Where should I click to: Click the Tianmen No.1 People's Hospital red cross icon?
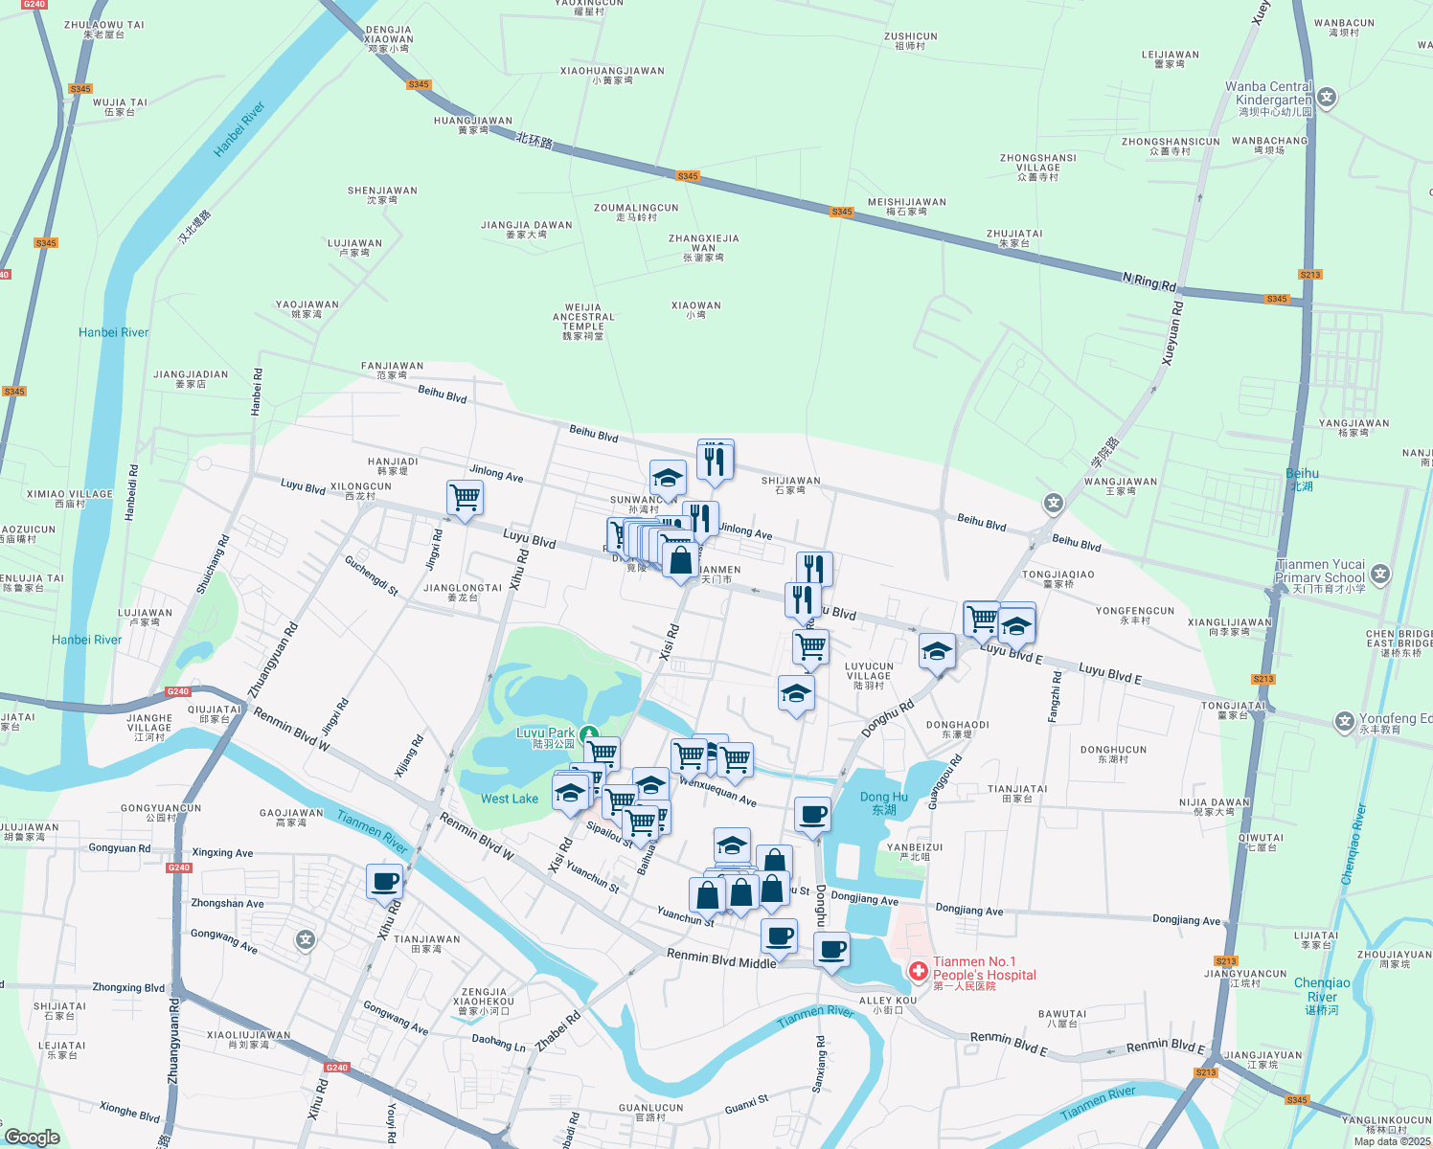pyautogui.click(x=918, y=972)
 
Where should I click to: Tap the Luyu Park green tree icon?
pyautogui.click(x=589, y=733)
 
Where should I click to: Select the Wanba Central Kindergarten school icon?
pyautogui.click(x=1327, y=97)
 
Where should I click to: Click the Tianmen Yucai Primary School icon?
pyautogui.click(x=1380, y=574)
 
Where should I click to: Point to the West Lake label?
pyautogui.click(x=510, y=799)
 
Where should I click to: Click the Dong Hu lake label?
pyautogui.click(x=883, y=802)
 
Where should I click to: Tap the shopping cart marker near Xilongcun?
pyautogui.click(x=465, y=498)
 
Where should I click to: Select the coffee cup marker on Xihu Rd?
pyautogui.click(x=384, y=881)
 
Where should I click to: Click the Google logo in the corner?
pyautogui.click(x=32, y=1137)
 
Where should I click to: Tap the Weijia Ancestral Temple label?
pyautogui.click(x=583, y=322)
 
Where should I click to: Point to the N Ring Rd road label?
pyautogui.click(x=1149, y=282)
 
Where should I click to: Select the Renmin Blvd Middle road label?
pyautogui.click(x=721, y=958)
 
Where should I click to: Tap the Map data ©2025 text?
pyautogui.click(x=1392, y=1140)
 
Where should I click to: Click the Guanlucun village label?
pyautogui.click(x=651, y=1112)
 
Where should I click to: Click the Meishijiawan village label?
pyautogui.click(x=906, y=206)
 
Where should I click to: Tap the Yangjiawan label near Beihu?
pyautogui.click(x=1353, y=427)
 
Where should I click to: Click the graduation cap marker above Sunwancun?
pyautogui.click(x=668, y=478)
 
